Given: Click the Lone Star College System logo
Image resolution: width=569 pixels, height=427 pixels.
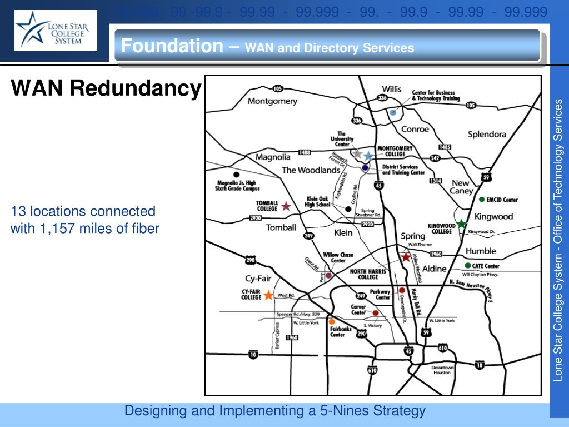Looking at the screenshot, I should [x=56, y=31].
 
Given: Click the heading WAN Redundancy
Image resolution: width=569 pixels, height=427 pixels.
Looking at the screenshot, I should [x=106, y=88].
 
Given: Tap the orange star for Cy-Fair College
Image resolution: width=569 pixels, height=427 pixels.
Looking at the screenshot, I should [x=268, y=295].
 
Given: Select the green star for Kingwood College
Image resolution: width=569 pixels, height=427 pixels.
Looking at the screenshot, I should [x=461, y=224].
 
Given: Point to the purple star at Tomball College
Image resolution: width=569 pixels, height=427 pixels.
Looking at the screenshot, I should [x=286, y=206].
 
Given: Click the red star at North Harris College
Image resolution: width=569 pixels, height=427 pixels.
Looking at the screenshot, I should [x=406, y=257].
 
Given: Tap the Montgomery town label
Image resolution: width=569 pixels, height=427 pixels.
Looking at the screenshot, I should [x=272, y=101].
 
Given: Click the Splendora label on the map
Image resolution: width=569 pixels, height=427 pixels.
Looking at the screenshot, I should [x=487, y=135].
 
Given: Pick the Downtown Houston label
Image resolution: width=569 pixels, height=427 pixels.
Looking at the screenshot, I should [x=442, y=370].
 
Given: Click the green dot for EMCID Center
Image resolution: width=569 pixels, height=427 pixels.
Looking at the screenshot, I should [x=481, y=199].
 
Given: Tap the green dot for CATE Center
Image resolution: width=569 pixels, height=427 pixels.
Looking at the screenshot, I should [x=468, y=266].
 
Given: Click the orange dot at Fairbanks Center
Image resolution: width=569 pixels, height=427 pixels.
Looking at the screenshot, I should [x=332, y=321].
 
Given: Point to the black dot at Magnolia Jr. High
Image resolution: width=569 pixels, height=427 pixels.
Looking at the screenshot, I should [x=237, y=174].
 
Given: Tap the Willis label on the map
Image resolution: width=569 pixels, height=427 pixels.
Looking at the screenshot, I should [x=392, y=89].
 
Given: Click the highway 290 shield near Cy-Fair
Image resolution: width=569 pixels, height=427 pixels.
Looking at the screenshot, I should [x=250, y=260].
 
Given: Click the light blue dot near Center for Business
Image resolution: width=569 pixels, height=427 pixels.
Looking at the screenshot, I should [x=393, y=112].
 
